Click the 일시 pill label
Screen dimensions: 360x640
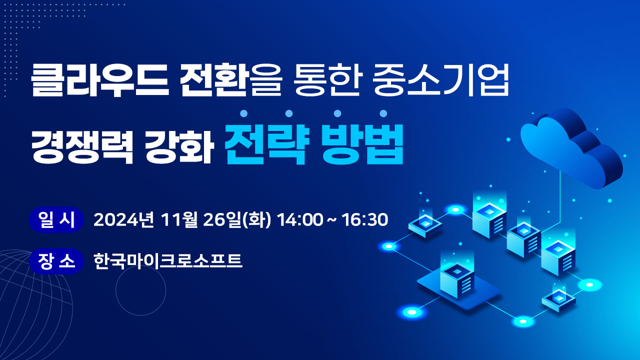click(56, 219)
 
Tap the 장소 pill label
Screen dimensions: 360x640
click(56, 261)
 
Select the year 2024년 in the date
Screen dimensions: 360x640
click(125, 219)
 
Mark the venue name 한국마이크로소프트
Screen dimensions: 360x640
click(168, 261)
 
